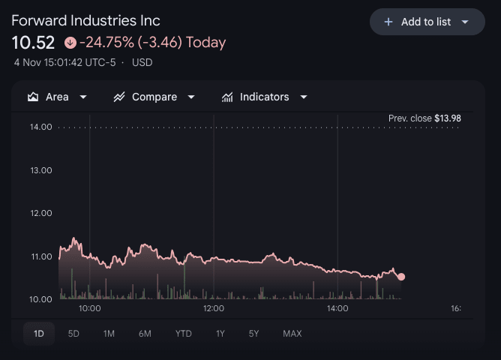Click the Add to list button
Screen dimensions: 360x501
[x=427, y=22]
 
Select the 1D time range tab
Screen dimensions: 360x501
[x=39, y=334]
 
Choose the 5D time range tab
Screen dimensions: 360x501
[x=73, y=334]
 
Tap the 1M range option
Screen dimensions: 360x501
[x=109, y=334]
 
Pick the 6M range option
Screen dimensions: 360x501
[x=145, y=334]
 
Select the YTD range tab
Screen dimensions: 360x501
[x=183, y=334]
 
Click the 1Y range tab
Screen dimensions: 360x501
[x=220, y=334]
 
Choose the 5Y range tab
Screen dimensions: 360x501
[x=254, y=334]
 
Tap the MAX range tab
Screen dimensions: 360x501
[x=292, y=334]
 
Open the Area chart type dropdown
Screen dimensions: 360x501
[x=58, y=97]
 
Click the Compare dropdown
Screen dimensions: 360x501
[x=154, y=97]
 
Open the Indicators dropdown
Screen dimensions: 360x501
[x=265, y=97]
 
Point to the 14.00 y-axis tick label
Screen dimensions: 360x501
[x=40, y=127]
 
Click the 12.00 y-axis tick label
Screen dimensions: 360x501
[x=40, y=213]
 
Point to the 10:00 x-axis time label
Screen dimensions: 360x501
[x=89, y=308]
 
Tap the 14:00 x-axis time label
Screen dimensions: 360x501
[x=337, y=308]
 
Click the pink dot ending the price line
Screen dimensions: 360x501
[x=401, y=277]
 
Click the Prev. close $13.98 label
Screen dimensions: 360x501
[x=424, y=118]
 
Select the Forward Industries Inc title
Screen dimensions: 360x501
[x=85, y=20]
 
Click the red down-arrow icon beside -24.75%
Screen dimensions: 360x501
[x=70, y=43]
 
